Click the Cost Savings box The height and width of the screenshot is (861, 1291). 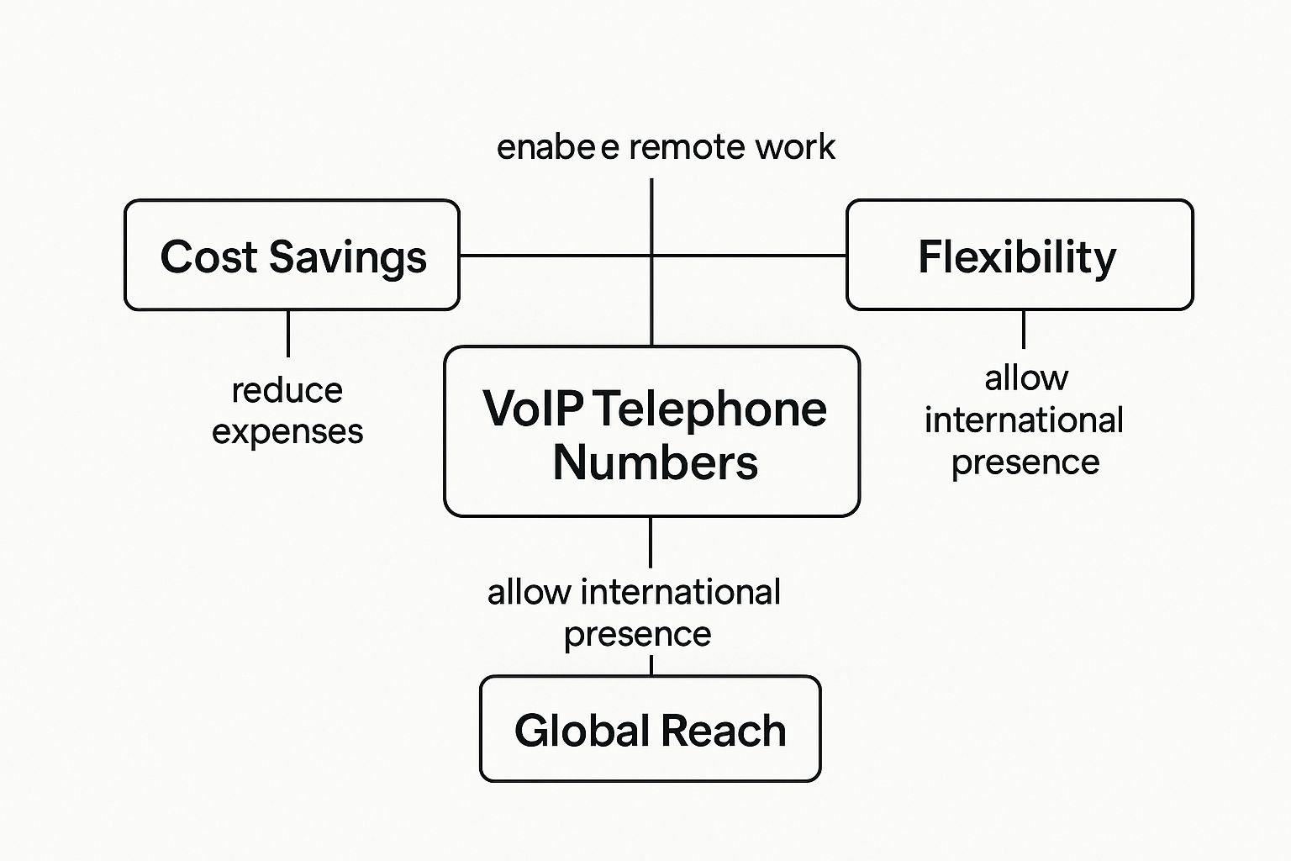[292, 256]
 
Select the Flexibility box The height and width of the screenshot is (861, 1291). [1019, 256]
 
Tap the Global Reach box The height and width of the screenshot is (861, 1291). [650, 729]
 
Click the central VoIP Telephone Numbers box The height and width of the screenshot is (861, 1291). [651, 431]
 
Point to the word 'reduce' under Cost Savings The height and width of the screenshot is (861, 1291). [287, 390]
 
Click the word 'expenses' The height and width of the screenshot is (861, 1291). [287, 432]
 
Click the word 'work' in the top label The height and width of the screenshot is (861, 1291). [794, 147]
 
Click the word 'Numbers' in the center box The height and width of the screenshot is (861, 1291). [656, 462]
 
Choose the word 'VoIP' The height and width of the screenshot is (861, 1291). [533, 409]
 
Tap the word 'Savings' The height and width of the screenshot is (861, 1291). [348, 257]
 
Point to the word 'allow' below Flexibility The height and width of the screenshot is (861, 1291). [1026, 378]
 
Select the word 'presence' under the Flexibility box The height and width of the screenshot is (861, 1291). [1025, 462]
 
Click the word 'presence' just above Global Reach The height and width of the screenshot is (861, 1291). [637, 634]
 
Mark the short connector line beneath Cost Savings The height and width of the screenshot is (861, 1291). [288, 333]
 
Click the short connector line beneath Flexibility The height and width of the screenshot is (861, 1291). [1023, 329]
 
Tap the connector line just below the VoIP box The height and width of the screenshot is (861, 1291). [651, 542]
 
